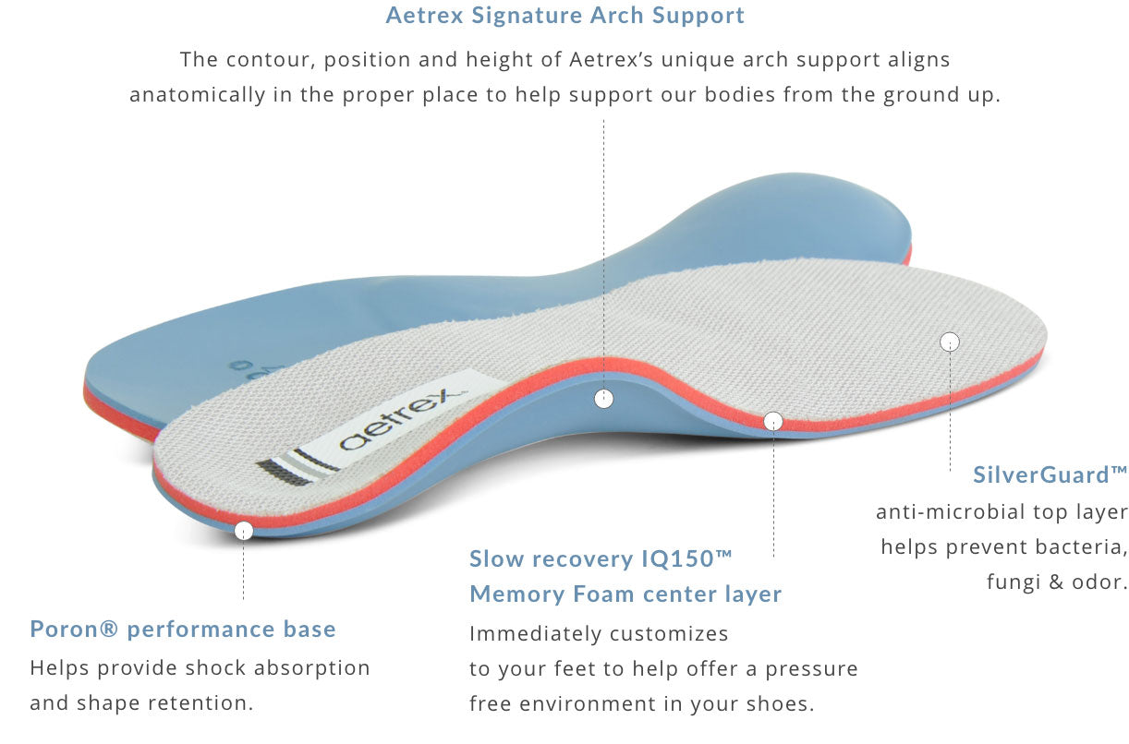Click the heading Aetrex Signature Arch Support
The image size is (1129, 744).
click(564, 16)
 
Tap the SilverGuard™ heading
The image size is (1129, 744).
click(1050, 475)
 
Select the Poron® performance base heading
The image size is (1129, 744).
click(183, 630)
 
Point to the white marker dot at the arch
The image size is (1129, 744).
click(603, 399)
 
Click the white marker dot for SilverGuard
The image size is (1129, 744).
click(950, 342)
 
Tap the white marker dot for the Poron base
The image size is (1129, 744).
click(244, 531)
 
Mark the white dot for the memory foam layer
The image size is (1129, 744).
click(773, 422)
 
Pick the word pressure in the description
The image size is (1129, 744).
click(811, 669)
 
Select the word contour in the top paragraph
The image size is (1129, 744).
click(257, 60)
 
